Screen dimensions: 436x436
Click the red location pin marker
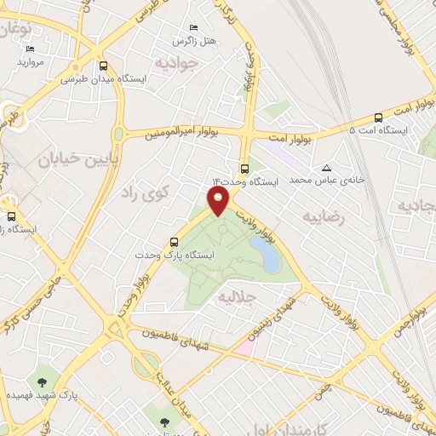[219, 202]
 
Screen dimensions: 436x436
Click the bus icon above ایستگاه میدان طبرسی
[104, 66]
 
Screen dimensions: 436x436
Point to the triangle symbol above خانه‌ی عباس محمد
[327, 168]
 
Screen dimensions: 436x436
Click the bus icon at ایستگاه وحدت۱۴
[245, 169]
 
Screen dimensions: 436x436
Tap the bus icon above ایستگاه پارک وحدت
[175, 242]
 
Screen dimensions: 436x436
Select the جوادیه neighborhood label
[176, 62]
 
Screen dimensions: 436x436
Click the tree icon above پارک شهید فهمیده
[41, 382]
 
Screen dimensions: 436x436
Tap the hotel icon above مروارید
[26, 49]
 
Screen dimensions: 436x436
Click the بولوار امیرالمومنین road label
[176, 134]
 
